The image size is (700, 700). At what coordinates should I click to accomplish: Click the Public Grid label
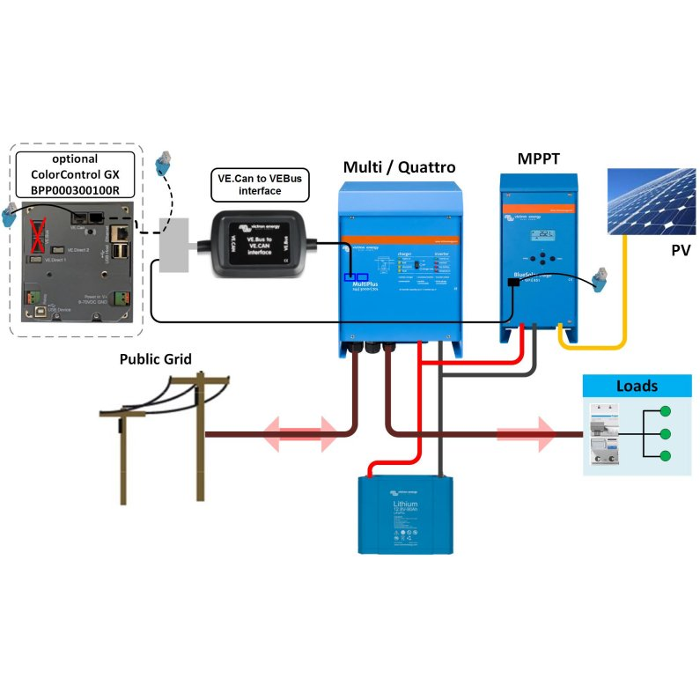[x=155, y=358]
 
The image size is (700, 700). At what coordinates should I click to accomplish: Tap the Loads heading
[x=637, y=386]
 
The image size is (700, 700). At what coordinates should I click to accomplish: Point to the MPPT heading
[x=537, y=158]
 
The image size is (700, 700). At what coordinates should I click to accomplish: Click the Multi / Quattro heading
[x=400, y=167]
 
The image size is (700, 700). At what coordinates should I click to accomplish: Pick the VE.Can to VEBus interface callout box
[x=260, y=184]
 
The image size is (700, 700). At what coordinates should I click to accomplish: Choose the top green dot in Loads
[x=666, y=411]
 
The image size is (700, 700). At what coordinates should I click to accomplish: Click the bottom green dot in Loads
[x=666, y=456]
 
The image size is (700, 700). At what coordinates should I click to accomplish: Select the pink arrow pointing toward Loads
[x=526, y=433]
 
